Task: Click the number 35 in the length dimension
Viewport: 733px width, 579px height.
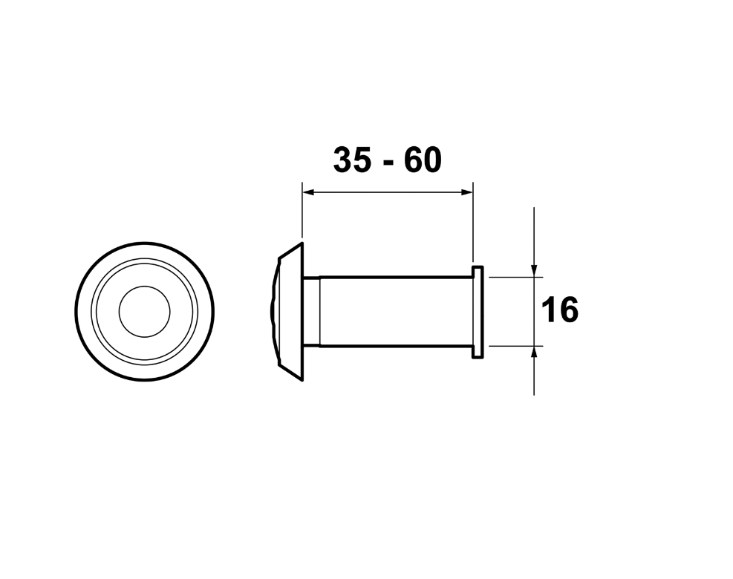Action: [x=352, y=160]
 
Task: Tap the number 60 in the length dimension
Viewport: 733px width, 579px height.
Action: [x=422, y=160]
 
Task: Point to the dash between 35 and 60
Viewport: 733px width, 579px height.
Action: [x=387, y=164]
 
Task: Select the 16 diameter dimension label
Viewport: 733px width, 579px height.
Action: [x=559, y=310]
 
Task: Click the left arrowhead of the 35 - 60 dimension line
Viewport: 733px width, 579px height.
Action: [x=307, y=192]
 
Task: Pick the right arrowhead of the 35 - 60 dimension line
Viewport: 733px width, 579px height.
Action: [x=467, y=192]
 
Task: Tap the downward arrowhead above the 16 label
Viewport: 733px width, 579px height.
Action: [x=534, y=270]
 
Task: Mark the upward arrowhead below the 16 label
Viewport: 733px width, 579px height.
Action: [x=534, y=352]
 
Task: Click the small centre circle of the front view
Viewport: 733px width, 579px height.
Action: [x=145, y=311]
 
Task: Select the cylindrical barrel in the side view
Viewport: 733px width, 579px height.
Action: [x=394, y=311]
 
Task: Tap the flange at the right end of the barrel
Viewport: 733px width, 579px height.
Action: [x=478, y=311]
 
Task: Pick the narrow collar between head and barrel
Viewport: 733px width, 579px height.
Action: [x=311, y=311]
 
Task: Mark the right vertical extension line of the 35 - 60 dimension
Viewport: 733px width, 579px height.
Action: [x=473, y=223]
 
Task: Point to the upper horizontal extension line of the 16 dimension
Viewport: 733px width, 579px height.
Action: [x=512, y=277]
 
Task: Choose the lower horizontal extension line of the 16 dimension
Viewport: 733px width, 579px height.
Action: [x=512, y=346]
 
